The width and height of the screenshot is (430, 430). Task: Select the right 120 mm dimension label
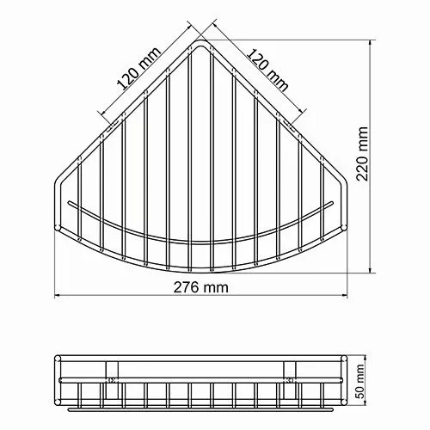click(x=267, y=64)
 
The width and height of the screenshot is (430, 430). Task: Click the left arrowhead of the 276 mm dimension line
click(x=60, y=298)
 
